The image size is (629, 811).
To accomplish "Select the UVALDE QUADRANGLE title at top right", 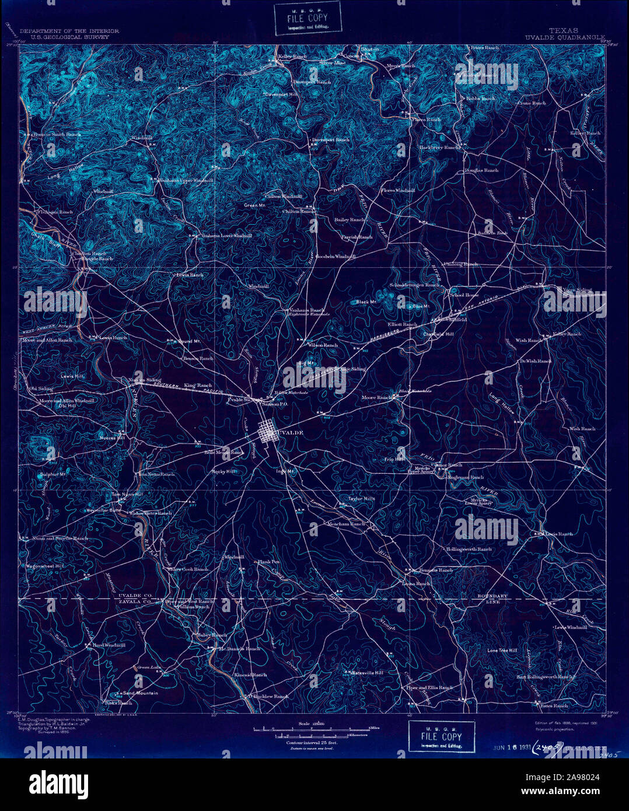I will tap(564, 37).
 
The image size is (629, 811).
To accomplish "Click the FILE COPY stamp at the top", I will tap(303, 19).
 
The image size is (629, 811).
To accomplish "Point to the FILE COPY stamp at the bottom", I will tap(441, 736).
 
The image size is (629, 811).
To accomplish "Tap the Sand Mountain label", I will tap(140, 693).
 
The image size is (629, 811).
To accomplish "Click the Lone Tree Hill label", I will tap(502, 650).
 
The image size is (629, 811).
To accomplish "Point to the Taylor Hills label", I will tap(362, 499).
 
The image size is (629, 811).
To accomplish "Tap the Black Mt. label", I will tap(366, 302).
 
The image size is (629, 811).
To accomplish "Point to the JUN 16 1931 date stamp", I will tap(510, 747).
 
